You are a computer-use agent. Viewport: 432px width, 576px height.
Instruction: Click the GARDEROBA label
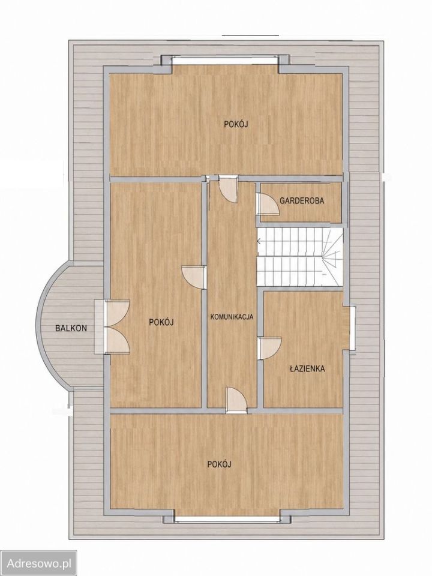tap(302, 201)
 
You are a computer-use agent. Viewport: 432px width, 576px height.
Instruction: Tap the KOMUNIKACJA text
tap(232, 317)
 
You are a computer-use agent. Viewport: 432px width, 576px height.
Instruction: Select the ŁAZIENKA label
tap(307, 369)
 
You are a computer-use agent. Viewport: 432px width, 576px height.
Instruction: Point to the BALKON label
tap(71, 328)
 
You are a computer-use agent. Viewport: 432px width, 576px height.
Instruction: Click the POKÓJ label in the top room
tap(236, 124)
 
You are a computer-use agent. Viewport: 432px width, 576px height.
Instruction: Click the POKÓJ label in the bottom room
tap(220, 464)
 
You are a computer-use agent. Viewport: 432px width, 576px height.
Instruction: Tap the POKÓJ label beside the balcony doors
tap(161, 322)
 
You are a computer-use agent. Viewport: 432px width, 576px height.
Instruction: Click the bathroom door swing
tap(270, 348)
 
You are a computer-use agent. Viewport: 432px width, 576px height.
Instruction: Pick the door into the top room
tap(228, 189)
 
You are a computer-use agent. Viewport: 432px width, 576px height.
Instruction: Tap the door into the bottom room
tap(236, 400)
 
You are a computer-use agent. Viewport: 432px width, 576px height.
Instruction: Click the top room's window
tap(225, 61)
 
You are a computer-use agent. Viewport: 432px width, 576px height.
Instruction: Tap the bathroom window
tap(352, 328)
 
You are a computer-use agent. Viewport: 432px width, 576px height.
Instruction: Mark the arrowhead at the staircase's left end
tap(259, 241)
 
